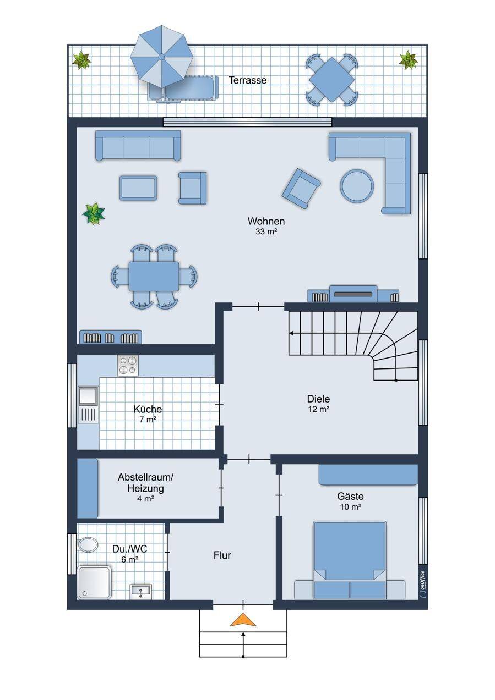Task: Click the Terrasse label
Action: coord(247,80)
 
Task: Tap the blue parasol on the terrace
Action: coord(161,57)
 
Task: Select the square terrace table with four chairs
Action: coord(331,80)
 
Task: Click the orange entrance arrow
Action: coord(243,620)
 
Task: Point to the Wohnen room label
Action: coord(266,221)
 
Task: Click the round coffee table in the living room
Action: coord(357,186)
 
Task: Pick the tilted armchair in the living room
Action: coord(301,189)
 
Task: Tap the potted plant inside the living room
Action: coord(93,214)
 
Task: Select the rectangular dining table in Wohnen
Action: coord(154,276)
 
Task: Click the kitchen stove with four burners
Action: coord(128,365)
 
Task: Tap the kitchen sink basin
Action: coord(89,396)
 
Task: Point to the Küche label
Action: coord(148,409)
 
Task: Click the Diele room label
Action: coord(318,399)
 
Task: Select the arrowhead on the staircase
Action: coord(291,333)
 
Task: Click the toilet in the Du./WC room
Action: coord(88,545)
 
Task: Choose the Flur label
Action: coord(222,555)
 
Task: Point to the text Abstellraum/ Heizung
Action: coord(145,483)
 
